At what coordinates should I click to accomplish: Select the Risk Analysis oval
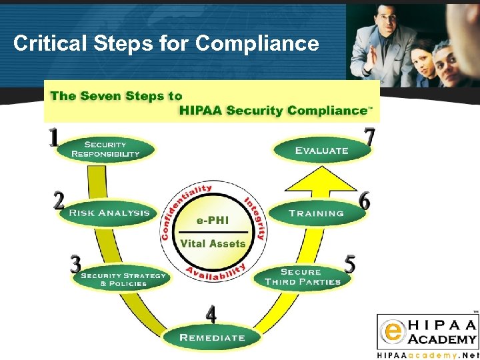(x=109, y=213)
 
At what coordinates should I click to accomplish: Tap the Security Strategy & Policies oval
(x=123, y=279)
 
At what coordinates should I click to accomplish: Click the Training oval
(x=317, y=213)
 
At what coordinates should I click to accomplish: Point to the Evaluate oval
(x=321, y=151)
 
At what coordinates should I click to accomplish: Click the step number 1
(x=54, y=138)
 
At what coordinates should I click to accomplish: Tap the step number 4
(x=211, y=313)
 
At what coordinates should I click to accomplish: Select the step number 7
(x=370, y=137)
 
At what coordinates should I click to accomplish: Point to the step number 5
(x=349, y=264)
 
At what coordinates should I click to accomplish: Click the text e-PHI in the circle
(x=213, y=220)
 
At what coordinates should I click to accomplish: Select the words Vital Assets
(x=213, y=244)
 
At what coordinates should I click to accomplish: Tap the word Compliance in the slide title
(x=257, y=44)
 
